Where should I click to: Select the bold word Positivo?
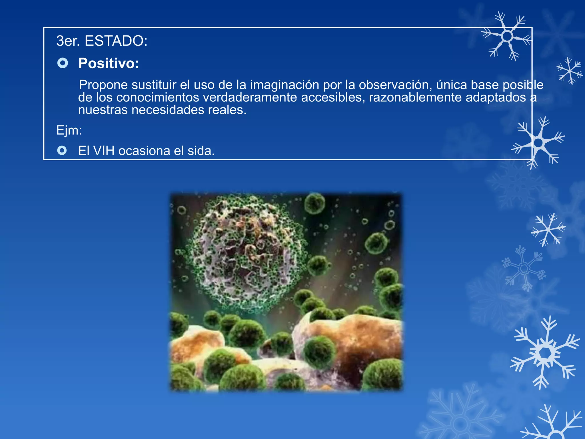[x=109, y=63]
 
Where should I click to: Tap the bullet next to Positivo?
[x=63, y=63]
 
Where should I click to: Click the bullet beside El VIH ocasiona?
[x=62, y=150]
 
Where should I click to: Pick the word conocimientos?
[x=158, y=97]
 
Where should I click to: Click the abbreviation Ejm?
[x=69, y=130]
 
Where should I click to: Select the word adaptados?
[x=496, y=97]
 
